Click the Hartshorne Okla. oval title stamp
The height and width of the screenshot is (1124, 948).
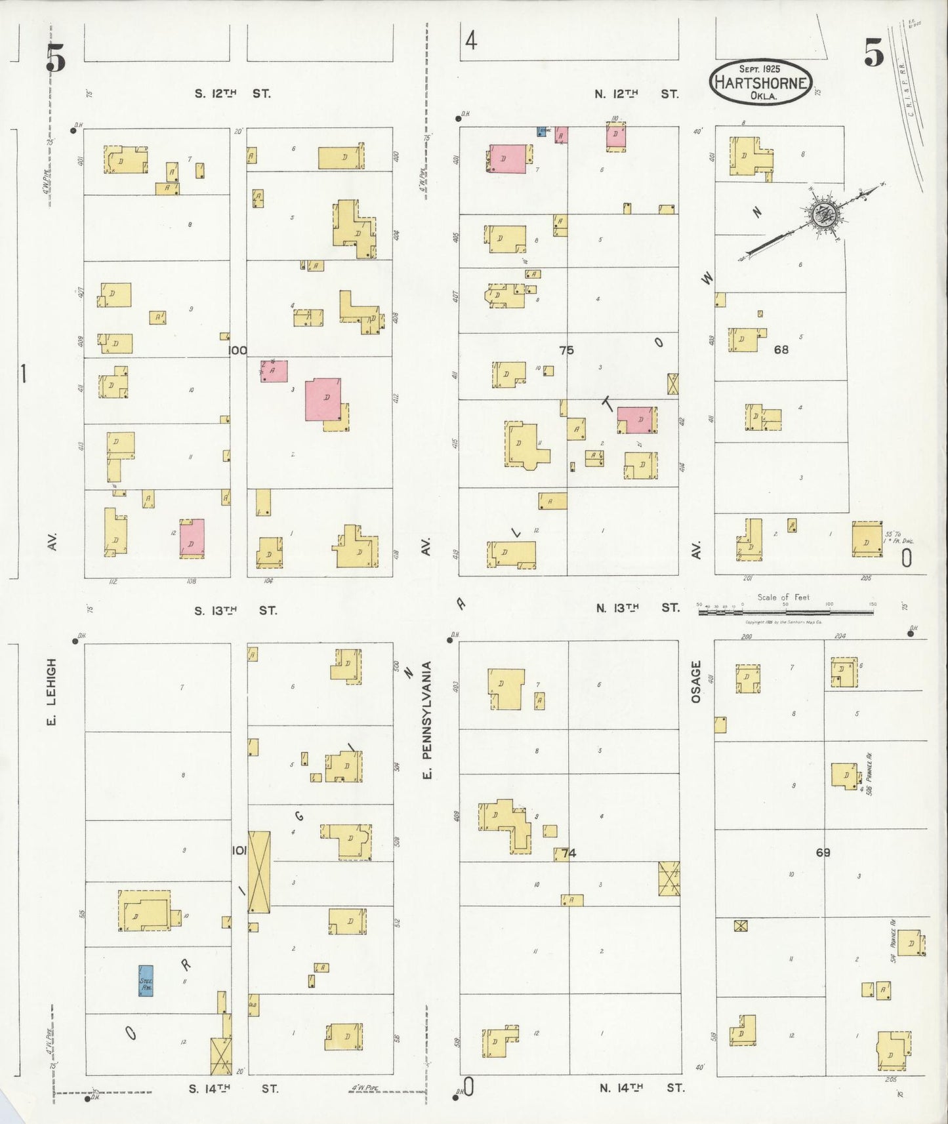point(762,83)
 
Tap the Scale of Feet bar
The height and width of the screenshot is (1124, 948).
point(785,612)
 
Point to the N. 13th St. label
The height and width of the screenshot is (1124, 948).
point(637,608)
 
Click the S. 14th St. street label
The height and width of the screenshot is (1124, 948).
point(233,1088)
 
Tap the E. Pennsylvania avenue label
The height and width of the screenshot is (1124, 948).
point(427,720)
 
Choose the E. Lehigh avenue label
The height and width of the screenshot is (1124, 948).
point(52,692)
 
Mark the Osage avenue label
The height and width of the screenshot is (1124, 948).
point(696,682)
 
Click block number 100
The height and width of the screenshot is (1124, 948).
point(237,350)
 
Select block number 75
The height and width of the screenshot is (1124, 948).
point(566,350)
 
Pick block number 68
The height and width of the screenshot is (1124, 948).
point(781,350)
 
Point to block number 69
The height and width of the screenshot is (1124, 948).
point(823,853)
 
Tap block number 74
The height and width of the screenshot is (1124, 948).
point(568,853)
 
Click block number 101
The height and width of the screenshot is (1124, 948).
point(239,851)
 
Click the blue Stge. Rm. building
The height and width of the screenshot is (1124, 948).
point(146,980)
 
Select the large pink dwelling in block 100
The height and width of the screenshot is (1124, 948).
point(323,399)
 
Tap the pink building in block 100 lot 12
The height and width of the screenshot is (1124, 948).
point(192,538)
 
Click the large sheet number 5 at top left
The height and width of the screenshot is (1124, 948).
point(56,59)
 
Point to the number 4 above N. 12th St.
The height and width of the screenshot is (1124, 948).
point(471,41)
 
